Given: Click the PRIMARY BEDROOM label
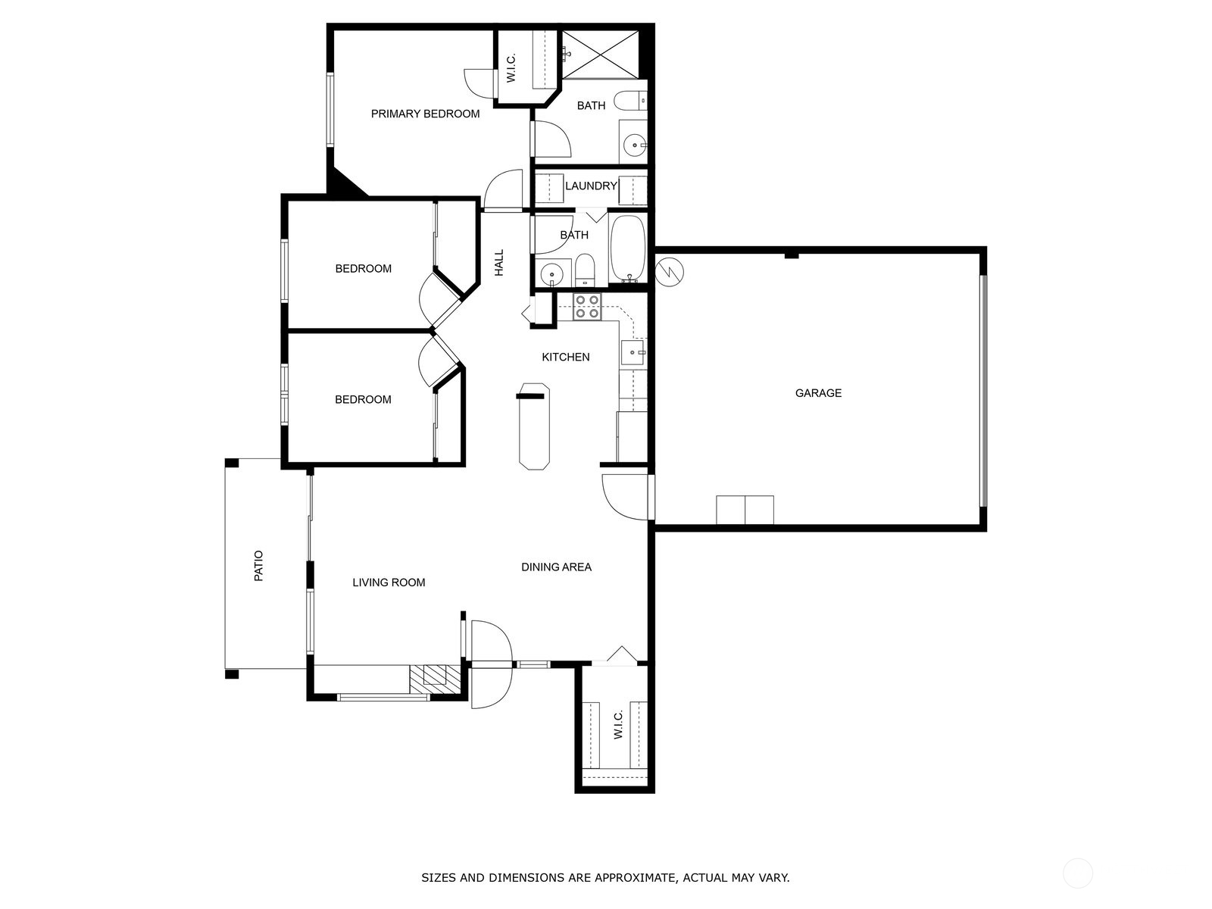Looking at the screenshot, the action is [x=425, y=114].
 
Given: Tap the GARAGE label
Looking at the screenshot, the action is [x=818, y=393].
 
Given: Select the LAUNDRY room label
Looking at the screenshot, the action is [x=591, y=186].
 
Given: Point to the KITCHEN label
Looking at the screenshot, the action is [x=565, y=357].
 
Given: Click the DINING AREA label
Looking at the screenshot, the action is [x=556, y=567].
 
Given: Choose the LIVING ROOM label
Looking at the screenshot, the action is [x=389, y=583].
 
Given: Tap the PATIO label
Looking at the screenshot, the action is [x=258, y=566].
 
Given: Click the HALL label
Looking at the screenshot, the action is [x=499, y=263].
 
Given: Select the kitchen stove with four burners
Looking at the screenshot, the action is [x=587, y=307].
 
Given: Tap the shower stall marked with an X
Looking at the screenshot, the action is [x=600, y=54].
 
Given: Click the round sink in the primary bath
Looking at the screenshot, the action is [x=635, y=145].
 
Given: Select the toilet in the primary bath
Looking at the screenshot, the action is [x=630, y=101].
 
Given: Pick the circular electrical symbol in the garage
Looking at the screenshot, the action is [x=669, y=272].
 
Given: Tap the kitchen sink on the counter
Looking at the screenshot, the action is [x=633, y=353].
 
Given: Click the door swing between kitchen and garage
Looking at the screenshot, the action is [x=625, y=497].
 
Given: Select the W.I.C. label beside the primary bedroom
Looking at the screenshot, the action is [x=511, y=68].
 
